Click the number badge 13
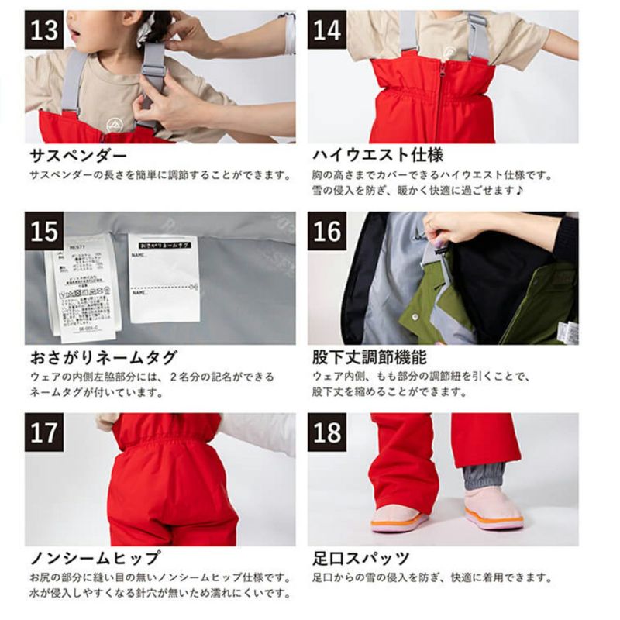[44, 30]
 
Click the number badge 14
[326, 30]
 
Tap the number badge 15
[44, 231]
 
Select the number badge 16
[326, 231]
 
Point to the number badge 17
[44, 432]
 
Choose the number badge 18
[326, 432]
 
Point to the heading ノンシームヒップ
[95, 557]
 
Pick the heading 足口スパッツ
[360, 557]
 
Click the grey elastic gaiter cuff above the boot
[483, 475]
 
